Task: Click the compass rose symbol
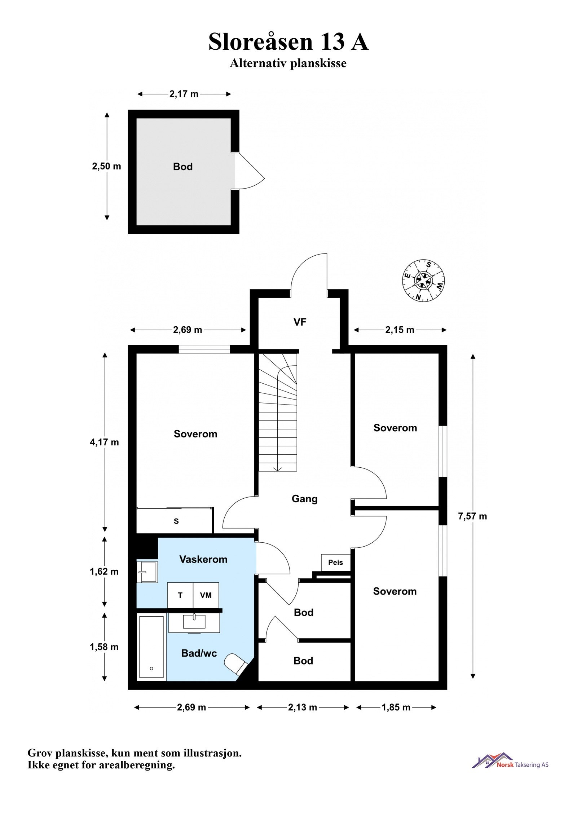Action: pos(423,280)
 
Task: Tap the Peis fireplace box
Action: pos(335,562)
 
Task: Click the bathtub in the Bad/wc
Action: pos(151,648)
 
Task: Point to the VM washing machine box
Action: pos(206,595)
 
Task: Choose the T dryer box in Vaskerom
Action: pos(180,595)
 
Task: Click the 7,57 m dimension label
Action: pos(472,516)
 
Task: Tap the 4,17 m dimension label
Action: pos(104,442)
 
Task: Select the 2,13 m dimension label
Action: pos(302,707)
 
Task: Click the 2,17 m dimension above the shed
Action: pos(184,94)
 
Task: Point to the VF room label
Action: pos(300,322)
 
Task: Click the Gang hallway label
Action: pos(304,499)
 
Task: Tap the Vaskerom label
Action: pos(203,559)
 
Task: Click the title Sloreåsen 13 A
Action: pos(288,42)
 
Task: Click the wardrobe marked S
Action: pos(175,521)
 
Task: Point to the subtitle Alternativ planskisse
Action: pos(288,63)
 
